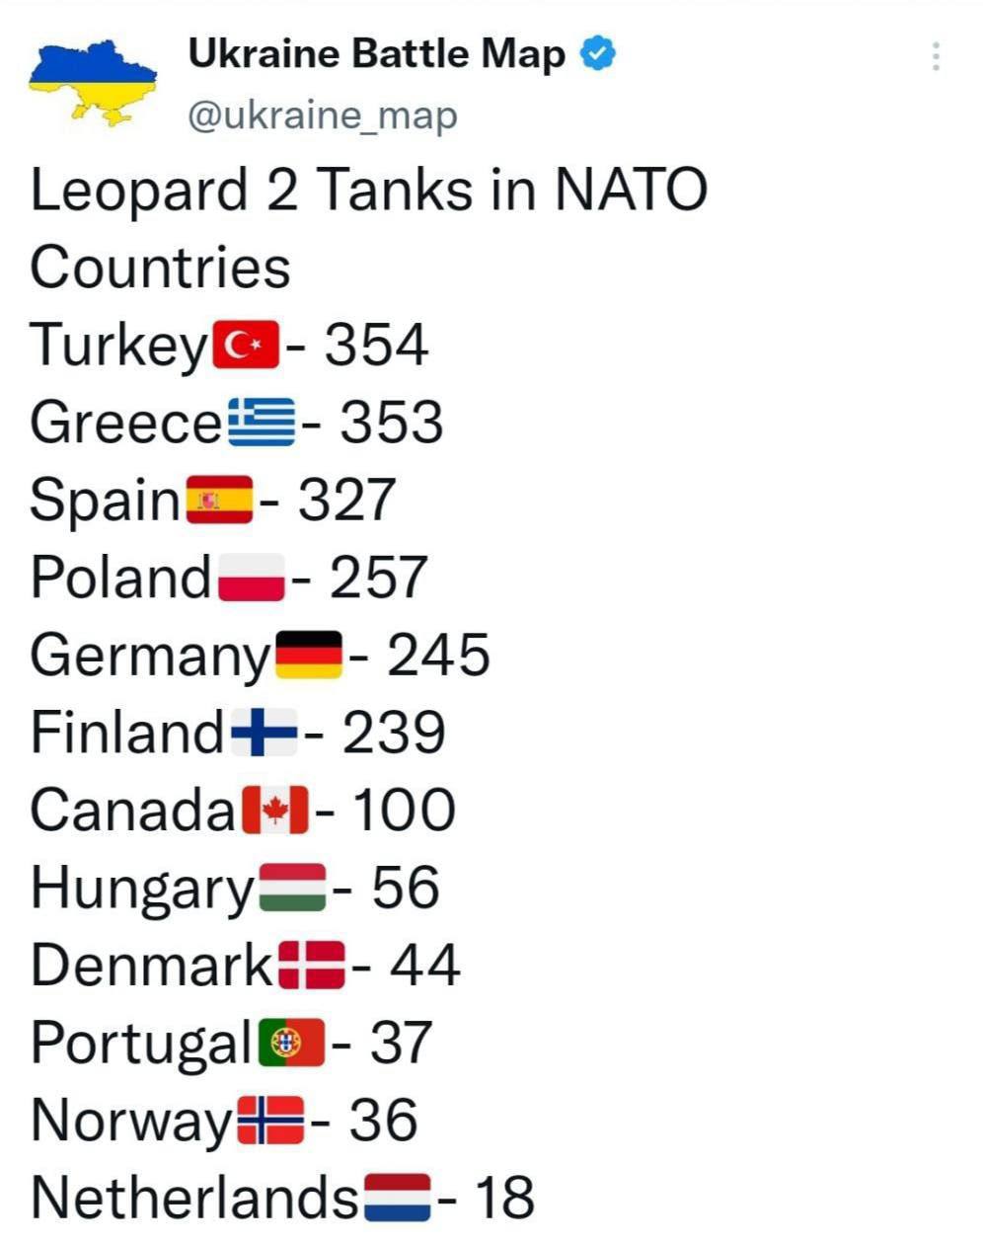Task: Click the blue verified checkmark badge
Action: pyautogui.click(x=598, y=53)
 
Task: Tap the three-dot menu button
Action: pyautogui.click(x=935, y=56)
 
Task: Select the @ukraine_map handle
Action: pyautogui.click(x=322, y=116)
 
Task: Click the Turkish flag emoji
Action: pyautogui.click(x=246, y=346)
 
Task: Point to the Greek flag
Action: pyautogui.click(x=262, y=423)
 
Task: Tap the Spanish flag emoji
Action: pyautogui.click(x=219, y=500)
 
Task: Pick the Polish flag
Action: pyautogui.click(x=252, y=578)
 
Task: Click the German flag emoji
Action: pyautogui.click(x=309, y=656)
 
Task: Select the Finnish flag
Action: pyautogui.click(x=265, y=733)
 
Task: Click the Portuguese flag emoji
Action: pyautogui.click(x=291, y=1044)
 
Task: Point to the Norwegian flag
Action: pyautogui.click(x=271, y=1121)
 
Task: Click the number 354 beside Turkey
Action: pyautogui.click(x=376, y=346)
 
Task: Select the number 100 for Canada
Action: pyautogui.click(x=404, y=811)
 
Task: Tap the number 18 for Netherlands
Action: pyautogui.click(x=504, y=1198)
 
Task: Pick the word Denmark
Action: pyautogui.click(x=151, y=966)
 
